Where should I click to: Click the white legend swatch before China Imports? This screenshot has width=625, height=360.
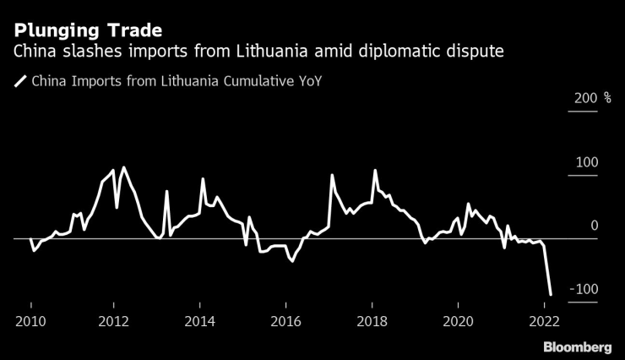point(19,82)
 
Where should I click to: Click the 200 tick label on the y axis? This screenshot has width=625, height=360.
point(586,99)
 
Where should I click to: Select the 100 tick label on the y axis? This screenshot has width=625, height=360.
point(586,162)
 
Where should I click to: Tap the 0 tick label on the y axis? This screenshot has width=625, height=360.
point(595,226)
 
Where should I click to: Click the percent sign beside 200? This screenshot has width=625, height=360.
point(606,99)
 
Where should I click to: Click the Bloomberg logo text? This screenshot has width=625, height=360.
point(577,347)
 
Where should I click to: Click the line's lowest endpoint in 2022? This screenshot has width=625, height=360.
point(551,294)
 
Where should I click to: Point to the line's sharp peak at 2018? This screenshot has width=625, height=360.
point(375,171)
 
